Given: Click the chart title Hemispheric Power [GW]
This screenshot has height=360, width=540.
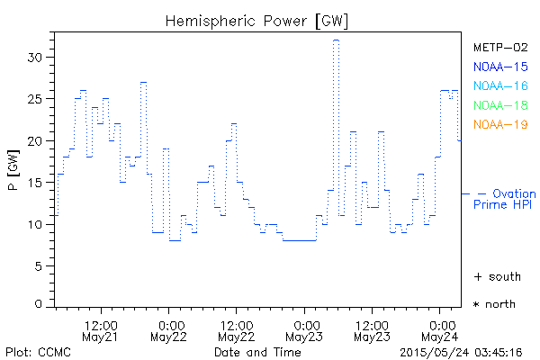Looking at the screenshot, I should click(x=257, y=20).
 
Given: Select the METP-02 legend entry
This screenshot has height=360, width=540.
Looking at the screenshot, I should click(x=500, y=47).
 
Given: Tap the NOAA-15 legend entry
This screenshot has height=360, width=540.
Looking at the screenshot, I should click(x=500, y=66).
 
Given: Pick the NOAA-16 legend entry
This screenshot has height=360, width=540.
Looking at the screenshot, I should click(x=500, y=85).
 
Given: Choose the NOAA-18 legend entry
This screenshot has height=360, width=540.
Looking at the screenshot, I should click(x=500, y=105).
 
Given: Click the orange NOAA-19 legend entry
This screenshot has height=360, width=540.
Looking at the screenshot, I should click(x=500, y=124).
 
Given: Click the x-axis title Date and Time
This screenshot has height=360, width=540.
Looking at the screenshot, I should click(x=257, y=352).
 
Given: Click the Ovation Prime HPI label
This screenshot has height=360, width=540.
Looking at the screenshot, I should click(x=505, y=199).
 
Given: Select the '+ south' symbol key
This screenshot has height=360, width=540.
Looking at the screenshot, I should click(x=496, y=276).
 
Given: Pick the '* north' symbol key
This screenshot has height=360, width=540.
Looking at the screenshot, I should click(x=494, y=304).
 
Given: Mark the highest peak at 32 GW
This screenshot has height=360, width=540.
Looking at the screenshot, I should click(x=336, y=40).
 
